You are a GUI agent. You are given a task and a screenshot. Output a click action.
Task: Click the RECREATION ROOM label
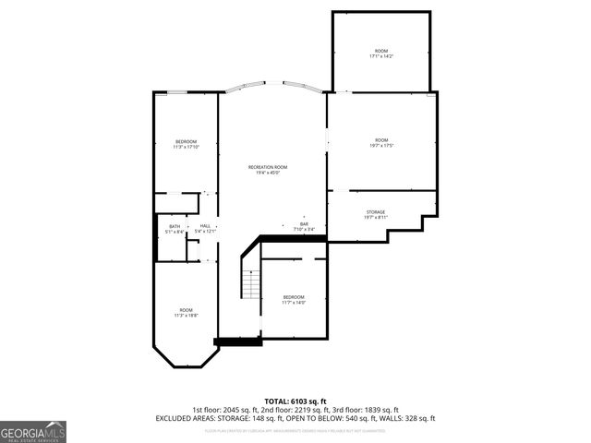coord(268,167)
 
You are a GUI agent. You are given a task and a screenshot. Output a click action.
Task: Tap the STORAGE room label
coord(375,212)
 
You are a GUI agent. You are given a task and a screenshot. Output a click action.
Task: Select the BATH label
coord(175,226)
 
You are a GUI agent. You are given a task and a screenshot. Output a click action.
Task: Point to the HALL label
coord(204,226)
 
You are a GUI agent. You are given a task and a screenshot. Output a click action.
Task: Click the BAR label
coord(303,223)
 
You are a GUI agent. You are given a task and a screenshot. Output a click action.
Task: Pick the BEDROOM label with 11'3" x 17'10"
coord(187,141)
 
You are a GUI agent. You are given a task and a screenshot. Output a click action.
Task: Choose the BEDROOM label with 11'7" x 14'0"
coord(294,297)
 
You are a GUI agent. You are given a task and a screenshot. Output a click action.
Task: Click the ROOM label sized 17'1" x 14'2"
coord(380,51)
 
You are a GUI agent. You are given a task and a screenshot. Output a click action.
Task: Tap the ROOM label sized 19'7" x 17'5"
coord(381,140)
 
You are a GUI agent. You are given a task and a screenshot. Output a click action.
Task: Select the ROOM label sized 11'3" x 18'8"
coord(187,310)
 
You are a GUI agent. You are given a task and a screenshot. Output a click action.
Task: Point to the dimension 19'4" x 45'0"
coord(268,173)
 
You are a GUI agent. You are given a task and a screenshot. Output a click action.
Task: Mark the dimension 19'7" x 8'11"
coord(375,218)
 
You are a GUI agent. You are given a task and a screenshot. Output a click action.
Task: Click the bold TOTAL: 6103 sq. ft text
coord(295,401)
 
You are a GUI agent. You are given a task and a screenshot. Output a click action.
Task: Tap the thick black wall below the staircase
coord(238,341)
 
